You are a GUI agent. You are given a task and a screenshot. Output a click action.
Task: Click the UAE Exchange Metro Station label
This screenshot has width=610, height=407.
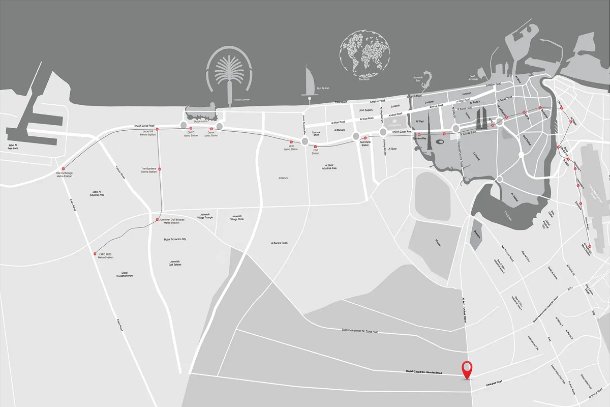(x=65, y=175)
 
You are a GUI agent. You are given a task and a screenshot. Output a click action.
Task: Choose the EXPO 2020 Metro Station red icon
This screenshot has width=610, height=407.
(x=95, y=254)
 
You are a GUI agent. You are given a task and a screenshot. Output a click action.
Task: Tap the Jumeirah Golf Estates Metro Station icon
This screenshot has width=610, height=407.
(x=157, y=220)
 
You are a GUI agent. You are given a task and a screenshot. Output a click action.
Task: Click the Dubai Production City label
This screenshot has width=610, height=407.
(x=175, y=239)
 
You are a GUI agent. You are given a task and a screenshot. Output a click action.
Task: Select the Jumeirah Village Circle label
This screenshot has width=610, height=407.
(x=237, y=217)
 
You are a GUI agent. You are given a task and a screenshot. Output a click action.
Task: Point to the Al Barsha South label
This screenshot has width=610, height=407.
(x=279, y=243)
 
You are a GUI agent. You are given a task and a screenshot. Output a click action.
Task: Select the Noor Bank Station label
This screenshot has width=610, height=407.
(x=365, y=144)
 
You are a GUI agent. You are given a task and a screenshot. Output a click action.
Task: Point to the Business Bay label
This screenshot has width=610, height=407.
(x=419, y=138)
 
